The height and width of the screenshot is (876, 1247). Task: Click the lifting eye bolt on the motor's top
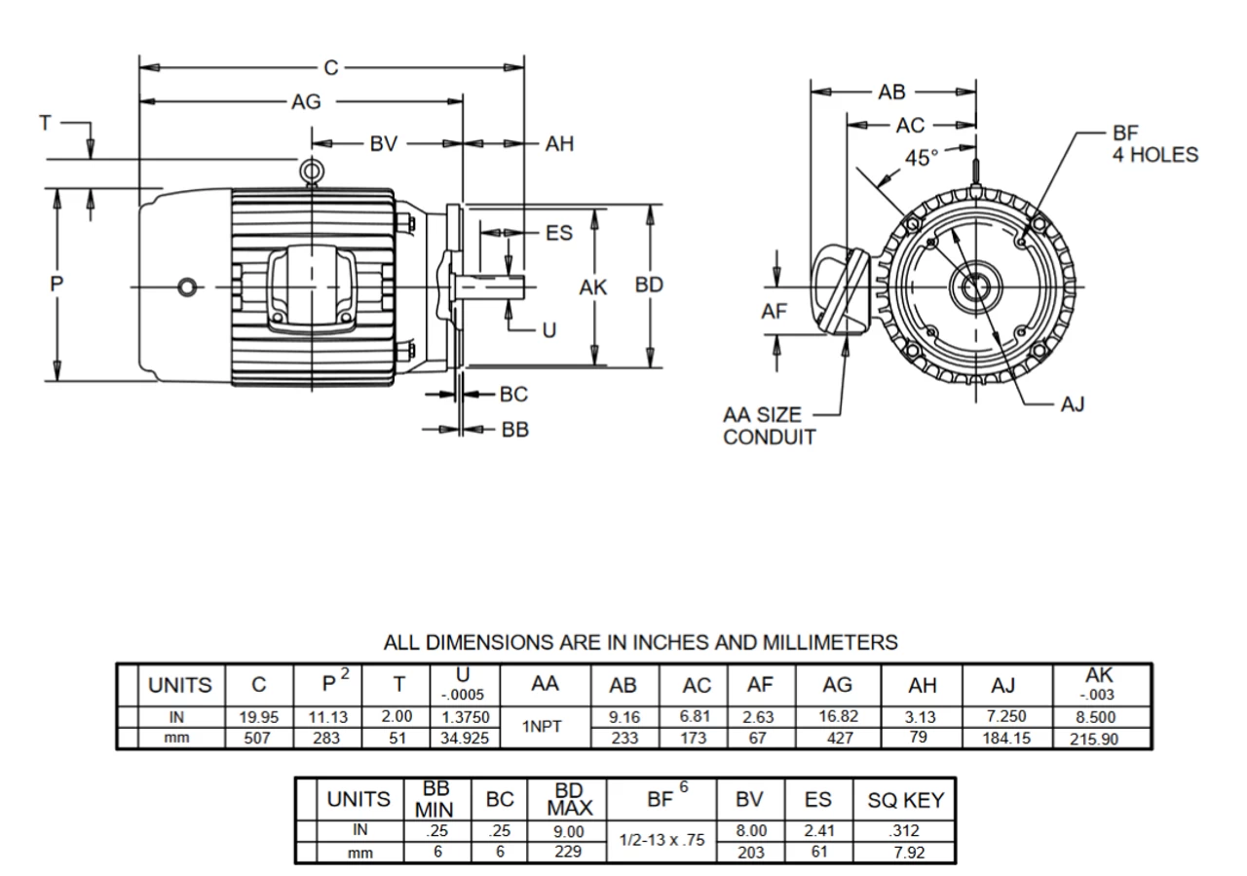[311, 172]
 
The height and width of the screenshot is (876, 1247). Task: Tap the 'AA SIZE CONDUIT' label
[769, 426]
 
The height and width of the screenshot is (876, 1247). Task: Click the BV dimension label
[384, 144]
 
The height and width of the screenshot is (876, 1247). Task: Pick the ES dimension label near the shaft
[558, 233]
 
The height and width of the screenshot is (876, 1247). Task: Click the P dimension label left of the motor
[57, 284]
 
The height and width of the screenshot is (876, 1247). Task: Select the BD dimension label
[649, 286]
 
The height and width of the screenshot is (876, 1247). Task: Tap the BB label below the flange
[513, 430]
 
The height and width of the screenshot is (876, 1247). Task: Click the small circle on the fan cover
[186, 286]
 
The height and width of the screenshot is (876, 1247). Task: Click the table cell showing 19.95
[259, 716]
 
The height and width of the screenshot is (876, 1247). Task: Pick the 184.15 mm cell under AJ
[1007, 738]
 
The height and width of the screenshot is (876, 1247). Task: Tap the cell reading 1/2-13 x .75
[662, 839]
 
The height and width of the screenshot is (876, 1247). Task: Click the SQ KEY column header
[905, 800]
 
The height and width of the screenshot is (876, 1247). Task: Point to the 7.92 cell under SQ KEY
[905, 853]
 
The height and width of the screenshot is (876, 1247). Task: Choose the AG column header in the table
[838, 685]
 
